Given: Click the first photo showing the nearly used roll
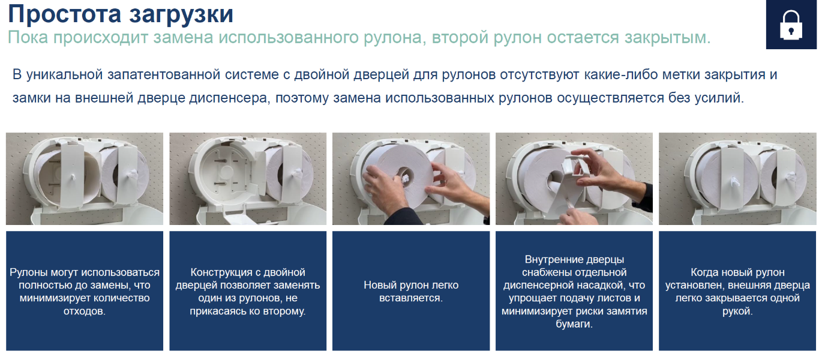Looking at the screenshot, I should (x=85, y=179).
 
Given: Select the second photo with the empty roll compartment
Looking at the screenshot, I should (x=248, y=179).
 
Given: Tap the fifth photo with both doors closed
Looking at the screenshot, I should (x=737, y=179).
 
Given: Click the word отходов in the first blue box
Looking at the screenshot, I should (x=84, y=311).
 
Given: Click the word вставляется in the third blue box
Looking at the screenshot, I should (x=411, y=298).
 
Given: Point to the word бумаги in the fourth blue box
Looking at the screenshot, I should (x=574, y=324).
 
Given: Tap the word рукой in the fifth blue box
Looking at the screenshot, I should (x=737, y=311).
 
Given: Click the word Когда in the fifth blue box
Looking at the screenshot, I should (x=704, y=272).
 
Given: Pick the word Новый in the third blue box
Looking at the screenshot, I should (x=378, y=285).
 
